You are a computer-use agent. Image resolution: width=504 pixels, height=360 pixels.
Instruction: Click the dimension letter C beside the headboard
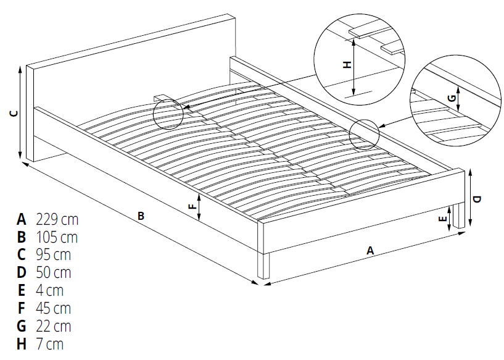coord(14,113)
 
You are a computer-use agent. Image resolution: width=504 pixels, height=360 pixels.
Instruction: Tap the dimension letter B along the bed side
coord(141,216)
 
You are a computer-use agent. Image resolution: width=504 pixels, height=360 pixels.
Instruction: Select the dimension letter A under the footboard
coord(370,251)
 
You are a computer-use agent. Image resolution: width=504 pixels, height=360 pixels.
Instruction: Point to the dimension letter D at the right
coord(477,199)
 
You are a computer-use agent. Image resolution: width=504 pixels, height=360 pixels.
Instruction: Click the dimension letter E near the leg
coord(442,219)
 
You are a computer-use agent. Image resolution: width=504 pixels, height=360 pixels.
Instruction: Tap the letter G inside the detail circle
coord(452,98)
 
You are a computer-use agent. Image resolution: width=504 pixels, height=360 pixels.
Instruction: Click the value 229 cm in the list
coord(57,219)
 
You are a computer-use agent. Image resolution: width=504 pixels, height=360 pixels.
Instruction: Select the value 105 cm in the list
coord(57,237)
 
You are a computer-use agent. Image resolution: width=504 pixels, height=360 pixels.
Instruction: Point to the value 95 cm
coord(53,255)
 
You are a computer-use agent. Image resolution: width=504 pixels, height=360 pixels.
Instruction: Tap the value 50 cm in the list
coord(53,272)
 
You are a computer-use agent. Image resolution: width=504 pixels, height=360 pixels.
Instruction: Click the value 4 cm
coord(49,290)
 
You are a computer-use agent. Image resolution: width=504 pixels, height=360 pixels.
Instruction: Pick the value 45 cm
coord(53,308)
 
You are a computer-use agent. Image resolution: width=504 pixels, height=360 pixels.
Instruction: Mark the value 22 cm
coord(53,326)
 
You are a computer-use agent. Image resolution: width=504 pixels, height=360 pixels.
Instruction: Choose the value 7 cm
coord(49,344)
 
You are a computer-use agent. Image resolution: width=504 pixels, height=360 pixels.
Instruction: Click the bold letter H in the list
coord(22,344)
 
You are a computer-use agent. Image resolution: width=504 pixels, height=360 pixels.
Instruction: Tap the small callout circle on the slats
coord(168,113)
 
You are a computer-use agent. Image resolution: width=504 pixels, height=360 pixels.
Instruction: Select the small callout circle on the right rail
coord(363,134)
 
